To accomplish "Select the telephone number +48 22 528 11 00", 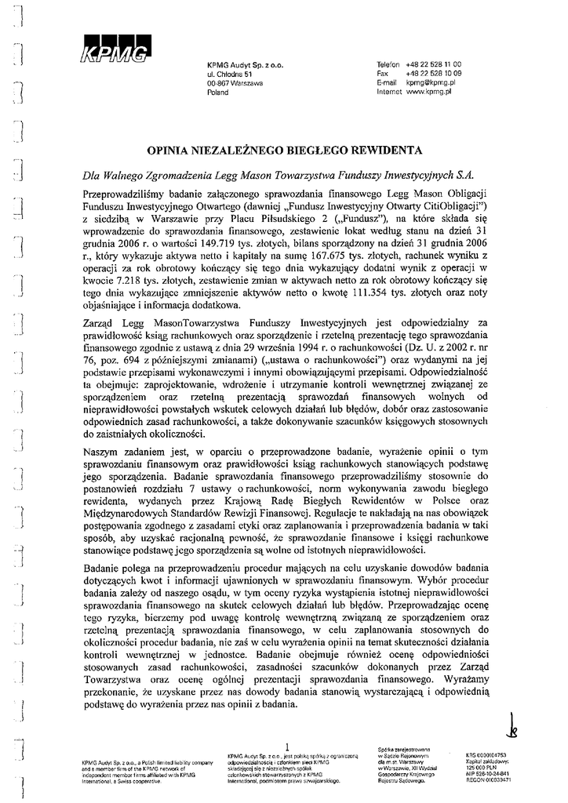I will [434, 63].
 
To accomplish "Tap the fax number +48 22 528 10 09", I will [434, 72].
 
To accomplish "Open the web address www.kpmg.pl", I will [432, 92].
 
